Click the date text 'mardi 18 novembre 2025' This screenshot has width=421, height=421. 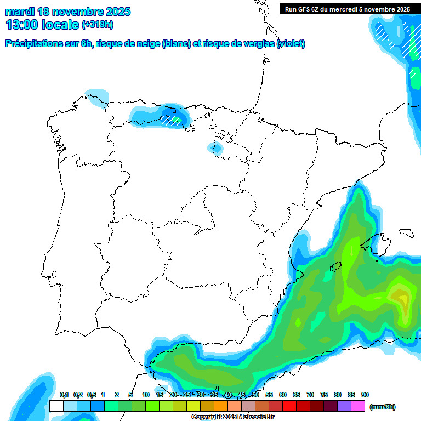pyautogui.click(x=68, y=12)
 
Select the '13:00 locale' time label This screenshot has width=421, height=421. pyautogui.click(x=43, y=25)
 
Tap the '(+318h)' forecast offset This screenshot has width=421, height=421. pyautogui.click(x=98, y=25)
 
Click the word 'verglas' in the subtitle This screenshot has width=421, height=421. pyautogui.click(x=261, y=44)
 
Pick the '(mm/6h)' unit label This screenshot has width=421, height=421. pyautogui.click(x=383, y=407)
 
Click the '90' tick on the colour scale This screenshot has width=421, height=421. pyautogui.click(x=365, y=395)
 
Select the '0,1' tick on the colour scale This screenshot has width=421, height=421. pyautogui.click(x=64, y=395)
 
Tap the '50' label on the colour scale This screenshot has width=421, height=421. pyautogui.click(x=255, y=395)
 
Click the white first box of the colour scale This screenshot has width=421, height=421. pyautogui.click(x=56, y=406)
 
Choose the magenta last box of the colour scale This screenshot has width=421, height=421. pyautogui.click(x=358, y=406)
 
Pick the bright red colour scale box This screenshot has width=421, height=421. pyautogui.click(x=289, y=406)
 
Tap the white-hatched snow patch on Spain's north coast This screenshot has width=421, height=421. pyautogui.click(x=173, y=120)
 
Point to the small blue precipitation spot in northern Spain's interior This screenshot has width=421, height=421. pyautogui.click(x=217, y=147)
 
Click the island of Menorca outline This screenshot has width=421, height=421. pyautogui.click(x=406, y=232)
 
